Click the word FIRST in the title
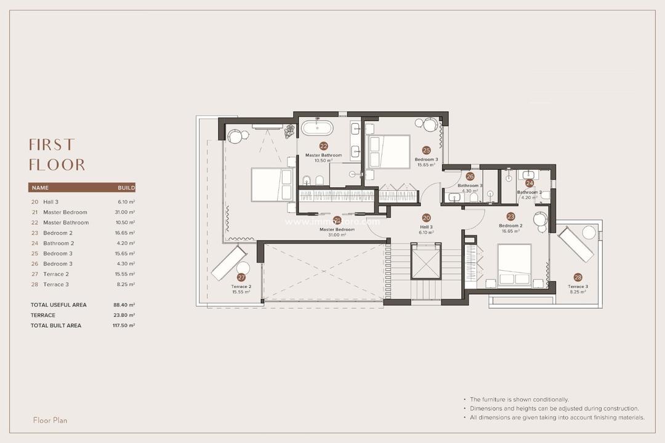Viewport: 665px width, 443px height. pos(52,145)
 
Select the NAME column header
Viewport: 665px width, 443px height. pos(40,188)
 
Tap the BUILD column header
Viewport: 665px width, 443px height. pos(126,188)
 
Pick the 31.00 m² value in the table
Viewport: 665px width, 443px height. pos(125,212)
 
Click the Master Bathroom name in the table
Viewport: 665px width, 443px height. pos(66,223)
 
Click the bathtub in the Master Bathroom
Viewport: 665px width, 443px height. pos(317,129)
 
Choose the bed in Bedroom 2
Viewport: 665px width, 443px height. pos(514,265)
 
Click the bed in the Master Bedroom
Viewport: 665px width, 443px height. pos(272,185)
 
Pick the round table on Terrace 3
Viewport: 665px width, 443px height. pos(589,233)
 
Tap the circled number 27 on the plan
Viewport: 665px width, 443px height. pos(241,277)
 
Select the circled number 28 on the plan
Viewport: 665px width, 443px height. pos(578,277)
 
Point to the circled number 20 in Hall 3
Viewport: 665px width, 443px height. pos(426,218)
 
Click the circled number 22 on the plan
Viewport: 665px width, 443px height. pos(323,146)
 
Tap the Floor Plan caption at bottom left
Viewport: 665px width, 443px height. pos(50,420)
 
